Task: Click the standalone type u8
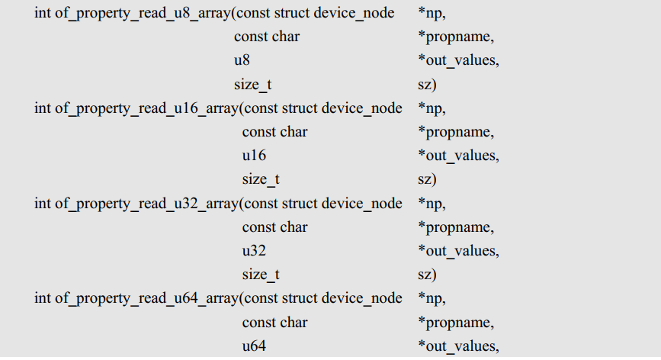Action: click(x=242, y=60)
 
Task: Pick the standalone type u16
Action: click(x=254, y=156)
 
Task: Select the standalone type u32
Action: click(x=254, y=251)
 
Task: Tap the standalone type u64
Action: click(x=254, y=346)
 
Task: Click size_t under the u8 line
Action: click(x=252, y=85)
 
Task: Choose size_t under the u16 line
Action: click(x=261, y=180)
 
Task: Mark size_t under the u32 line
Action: click(x=261, y=275)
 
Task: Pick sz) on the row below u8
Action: click(x=427, y=85)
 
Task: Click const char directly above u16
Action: click(x=274, y=132)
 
